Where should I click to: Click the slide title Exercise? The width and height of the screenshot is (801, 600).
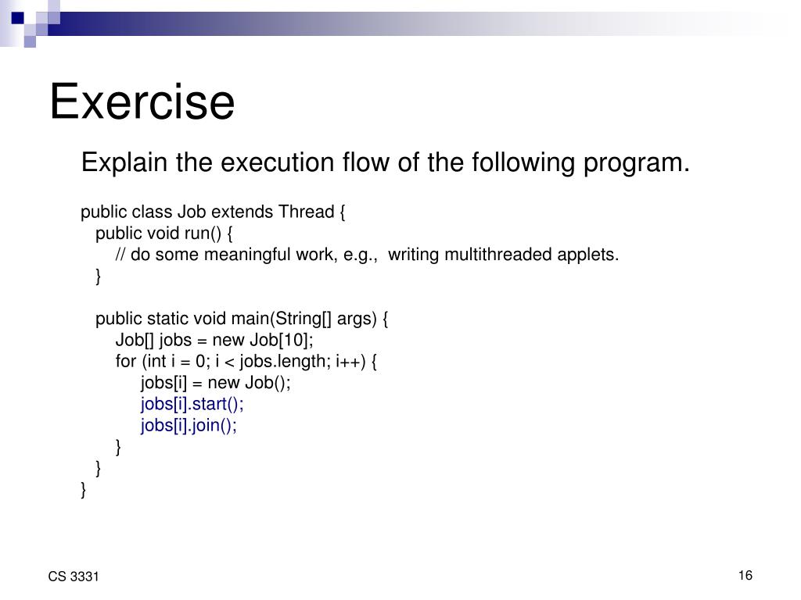click(142, 102)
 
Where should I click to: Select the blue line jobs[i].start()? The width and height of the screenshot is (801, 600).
click(192, 404)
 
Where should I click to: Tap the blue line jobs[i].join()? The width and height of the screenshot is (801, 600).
click(189, 426)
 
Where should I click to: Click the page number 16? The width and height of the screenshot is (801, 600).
click(745, 576)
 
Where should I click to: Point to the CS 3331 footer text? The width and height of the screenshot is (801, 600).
click(74, 577)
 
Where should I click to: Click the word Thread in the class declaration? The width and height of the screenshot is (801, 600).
click(307, 212)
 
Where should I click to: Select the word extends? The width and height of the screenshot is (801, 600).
click(242, 212)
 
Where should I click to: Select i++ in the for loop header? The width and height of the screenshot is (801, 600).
click(349, 361)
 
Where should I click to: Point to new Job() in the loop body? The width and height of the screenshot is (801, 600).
click(246, 383)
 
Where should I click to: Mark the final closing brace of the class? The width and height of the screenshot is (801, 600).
click(83, 490)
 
